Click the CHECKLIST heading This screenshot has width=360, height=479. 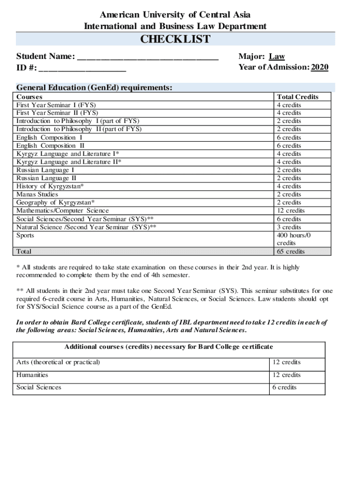(175, 39)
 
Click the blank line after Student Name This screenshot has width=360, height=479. (148, 58)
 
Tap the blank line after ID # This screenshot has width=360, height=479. (82, 69)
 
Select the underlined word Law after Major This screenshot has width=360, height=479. (277, 57)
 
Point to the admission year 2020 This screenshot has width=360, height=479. (320, 67)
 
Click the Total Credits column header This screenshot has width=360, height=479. (297, 97)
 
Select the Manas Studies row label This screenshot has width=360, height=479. (37, 194)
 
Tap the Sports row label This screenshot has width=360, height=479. (25, 235)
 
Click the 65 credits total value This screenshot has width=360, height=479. (290, 252)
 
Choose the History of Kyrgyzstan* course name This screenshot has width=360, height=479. (50, 186)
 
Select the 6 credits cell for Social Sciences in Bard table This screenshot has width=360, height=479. (284, 387)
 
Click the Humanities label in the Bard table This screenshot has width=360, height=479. (32, 375)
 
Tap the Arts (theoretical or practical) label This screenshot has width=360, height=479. (58, 362)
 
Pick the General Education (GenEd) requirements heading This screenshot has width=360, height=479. (94, 87)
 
